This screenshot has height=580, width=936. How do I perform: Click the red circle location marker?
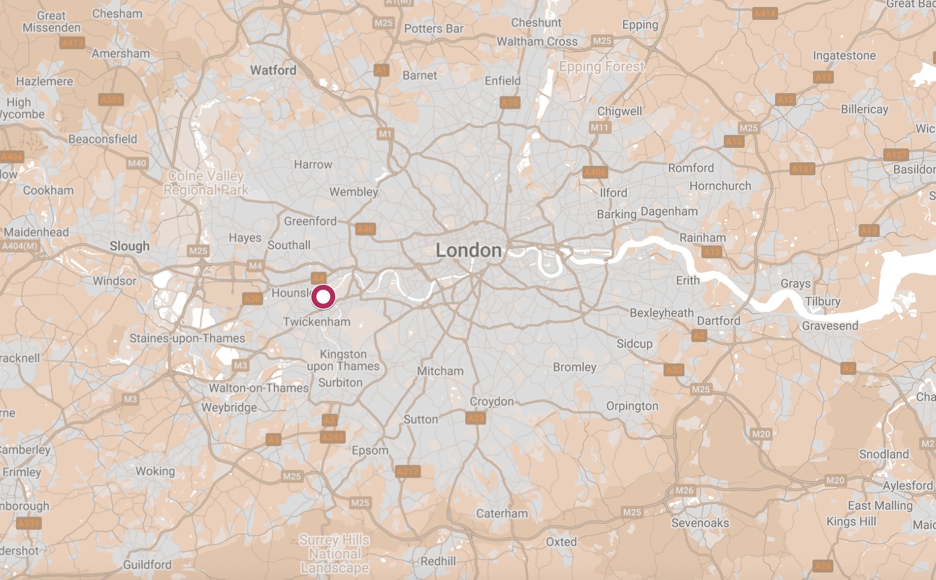click(x=323, y=297)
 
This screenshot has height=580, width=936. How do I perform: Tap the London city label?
click(x=468, y=250)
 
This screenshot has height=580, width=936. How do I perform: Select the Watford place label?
click(x=273, y=70)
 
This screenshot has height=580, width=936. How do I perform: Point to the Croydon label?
click(x=491, y=401)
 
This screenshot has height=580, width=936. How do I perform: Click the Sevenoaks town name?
click(x=700, y=523)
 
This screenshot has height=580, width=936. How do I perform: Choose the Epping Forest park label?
click(x=602, y=66)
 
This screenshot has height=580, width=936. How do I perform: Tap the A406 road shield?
click(x=595, y=172)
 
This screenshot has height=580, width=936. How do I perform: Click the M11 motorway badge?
click(x=599, y=127)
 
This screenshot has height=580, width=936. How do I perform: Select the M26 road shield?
click(x=684, y=490)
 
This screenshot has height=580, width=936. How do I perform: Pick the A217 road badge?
click(x=407, y=471)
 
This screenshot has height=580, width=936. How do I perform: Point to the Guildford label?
click(x=147, y=565)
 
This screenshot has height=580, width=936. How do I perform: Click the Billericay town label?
click(x=864, y=109)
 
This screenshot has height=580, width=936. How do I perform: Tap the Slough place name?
click(x=130, y=246)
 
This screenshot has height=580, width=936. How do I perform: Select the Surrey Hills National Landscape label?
click(x=335, y=554)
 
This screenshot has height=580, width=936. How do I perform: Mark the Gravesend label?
click(x=830, y=326)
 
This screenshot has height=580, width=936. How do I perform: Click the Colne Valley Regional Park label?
click(x=206, y=183)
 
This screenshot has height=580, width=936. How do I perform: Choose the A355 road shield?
click(x=111, y=100)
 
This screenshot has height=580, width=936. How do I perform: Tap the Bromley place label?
click(x=574, y=367)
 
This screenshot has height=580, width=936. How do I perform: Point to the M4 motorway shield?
click(x=255, y=266)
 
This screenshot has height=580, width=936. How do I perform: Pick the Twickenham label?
click(x=316, y=322)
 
